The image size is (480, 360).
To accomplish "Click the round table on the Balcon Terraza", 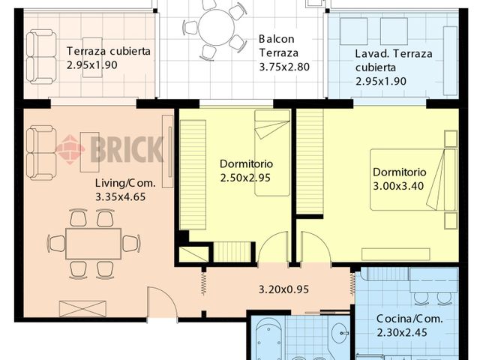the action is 217,28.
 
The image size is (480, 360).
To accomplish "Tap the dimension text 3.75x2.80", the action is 284,67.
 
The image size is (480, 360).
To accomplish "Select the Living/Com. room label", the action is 125,183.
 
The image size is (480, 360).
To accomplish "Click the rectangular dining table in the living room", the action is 93,244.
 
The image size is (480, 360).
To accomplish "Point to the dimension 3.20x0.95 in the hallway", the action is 283,289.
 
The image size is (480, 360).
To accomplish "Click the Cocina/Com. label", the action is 409,319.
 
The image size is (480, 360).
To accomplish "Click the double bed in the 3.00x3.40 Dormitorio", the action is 413,180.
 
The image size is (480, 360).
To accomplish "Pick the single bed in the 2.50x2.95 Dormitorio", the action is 272,153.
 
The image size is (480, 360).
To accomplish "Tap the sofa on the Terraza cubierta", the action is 41,57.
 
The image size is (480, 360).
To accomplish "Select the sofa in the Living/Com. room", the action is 41,153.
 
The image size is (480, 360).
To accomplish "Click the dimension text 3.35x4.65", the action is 120,196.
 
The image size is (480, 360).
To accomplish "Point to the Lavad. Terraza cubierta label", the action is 394,61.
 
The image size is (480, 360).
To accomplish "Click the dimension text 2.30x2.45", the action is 402,332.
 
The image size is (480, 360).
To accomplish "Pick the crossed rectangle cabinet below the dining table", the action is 82,308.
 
